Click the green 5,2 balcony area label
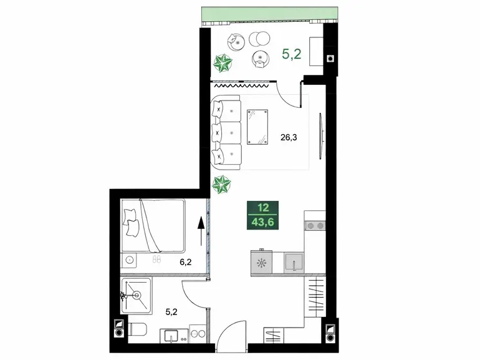pyautogui.click(x=292, y=54)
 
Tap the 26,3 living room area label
pyautogui.click(x=289, y=137)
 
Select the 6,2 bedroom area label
pyautogui.click(x=186, y=262)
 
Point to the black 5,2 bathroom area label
pyautogui.click(x=171, y=312)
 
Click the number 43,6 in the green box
pyautogui.click(x=262, y=222)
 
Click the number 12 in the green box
pyautogui.click(x=263, y=208)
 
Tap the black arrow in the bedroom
pyautogui.click(x=201, y=231)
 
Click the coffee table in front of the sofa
pyautogui.click(x=257, y=127)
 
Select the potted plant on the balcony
pyautogui.click(x=223, y=63)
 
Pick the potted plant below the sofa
pyautogui.click(x=221, y=185)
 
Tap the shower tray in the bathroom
pyautogui.click(x=137, y=296)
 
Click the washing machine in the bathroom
pyautogui.click(x=198, y=334)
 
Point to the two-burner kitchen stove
pyautogui.click(x=315, y=226)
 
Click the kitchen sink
pyautogui.click(x=294, y=263)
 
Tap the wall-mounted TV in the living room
pyautogui.click(x=320, y=136)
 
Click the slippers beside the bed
pyautogui.click(x=156, y=259)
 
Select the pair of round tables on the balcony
pyautogui.click(x=259, y=39)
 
